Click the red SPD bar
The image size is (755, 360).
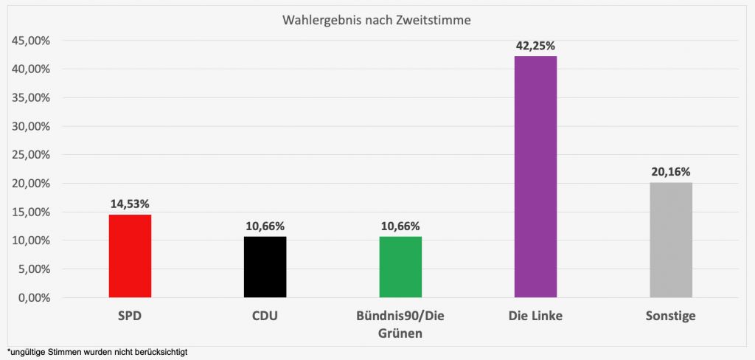(130, 256)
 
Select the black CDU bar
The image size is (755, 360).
(265, 267)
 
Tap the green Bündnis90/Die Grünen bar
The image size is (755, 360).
(400, 267)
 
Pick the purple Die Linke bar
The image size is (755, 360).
(535, 177)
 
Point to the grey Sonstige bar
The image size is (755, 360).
(670, 240)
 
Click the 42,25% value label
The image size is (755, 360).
(535, 45)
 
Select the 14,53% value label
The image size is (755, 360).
(130, 203)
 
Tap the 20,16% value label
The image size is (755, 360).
(670, 172)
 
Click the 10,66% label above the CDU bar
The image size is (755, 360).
(265, 226)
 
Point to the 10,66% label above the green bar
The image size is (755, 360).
(400, 226)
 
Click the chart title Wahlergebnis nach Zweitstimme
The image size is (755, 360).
(376, 20)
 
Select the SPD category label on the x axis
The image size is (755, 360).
(130, 316)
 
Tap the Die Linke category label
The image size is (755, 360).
(535, 316)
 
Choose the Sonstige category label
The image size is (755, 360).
(670, 316)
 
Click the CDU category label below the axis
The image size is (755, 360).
(265, 316)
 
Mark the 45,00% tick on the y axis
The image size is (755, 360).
(30, 41)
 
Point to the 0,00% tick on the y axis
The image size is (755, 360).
(32, 298)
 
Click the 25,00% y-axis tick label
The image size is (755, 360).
(30, 155)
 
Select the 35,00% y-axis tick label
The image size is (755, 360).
(30, 97)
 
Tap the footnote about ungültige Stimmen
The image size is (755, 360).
(97, 352)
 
